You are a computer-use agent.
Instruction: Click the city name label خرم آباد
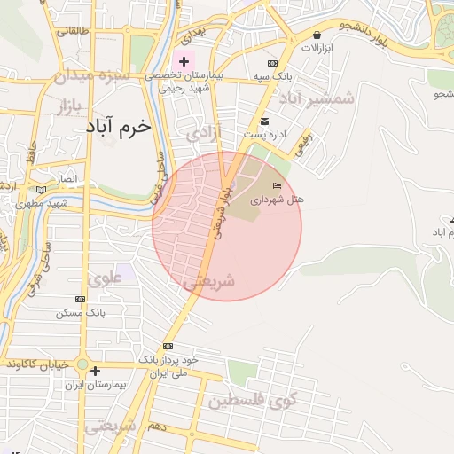coord(118,127)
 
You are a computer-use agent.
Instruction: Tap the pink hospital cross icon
coord(184,61)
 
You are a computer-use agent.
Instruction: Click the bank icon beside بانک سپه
coord(272,64)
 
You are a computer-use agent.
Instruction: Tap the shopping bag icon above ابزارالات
coord(317,35)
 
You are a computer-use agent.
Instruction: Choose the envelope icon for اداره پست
coord(264,120)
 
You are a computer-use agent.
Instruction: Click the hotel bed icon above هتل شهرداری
coord(277,185)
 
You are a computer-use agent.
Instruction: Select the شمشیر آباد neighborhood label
coord(317,98)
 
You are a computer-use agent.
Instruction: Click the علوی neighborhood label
coord(105,279)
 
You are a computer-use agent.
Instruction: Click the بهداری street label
coord(193,35)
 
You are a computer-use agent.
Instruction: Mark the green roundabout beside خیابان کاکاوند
coord(82,365)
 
